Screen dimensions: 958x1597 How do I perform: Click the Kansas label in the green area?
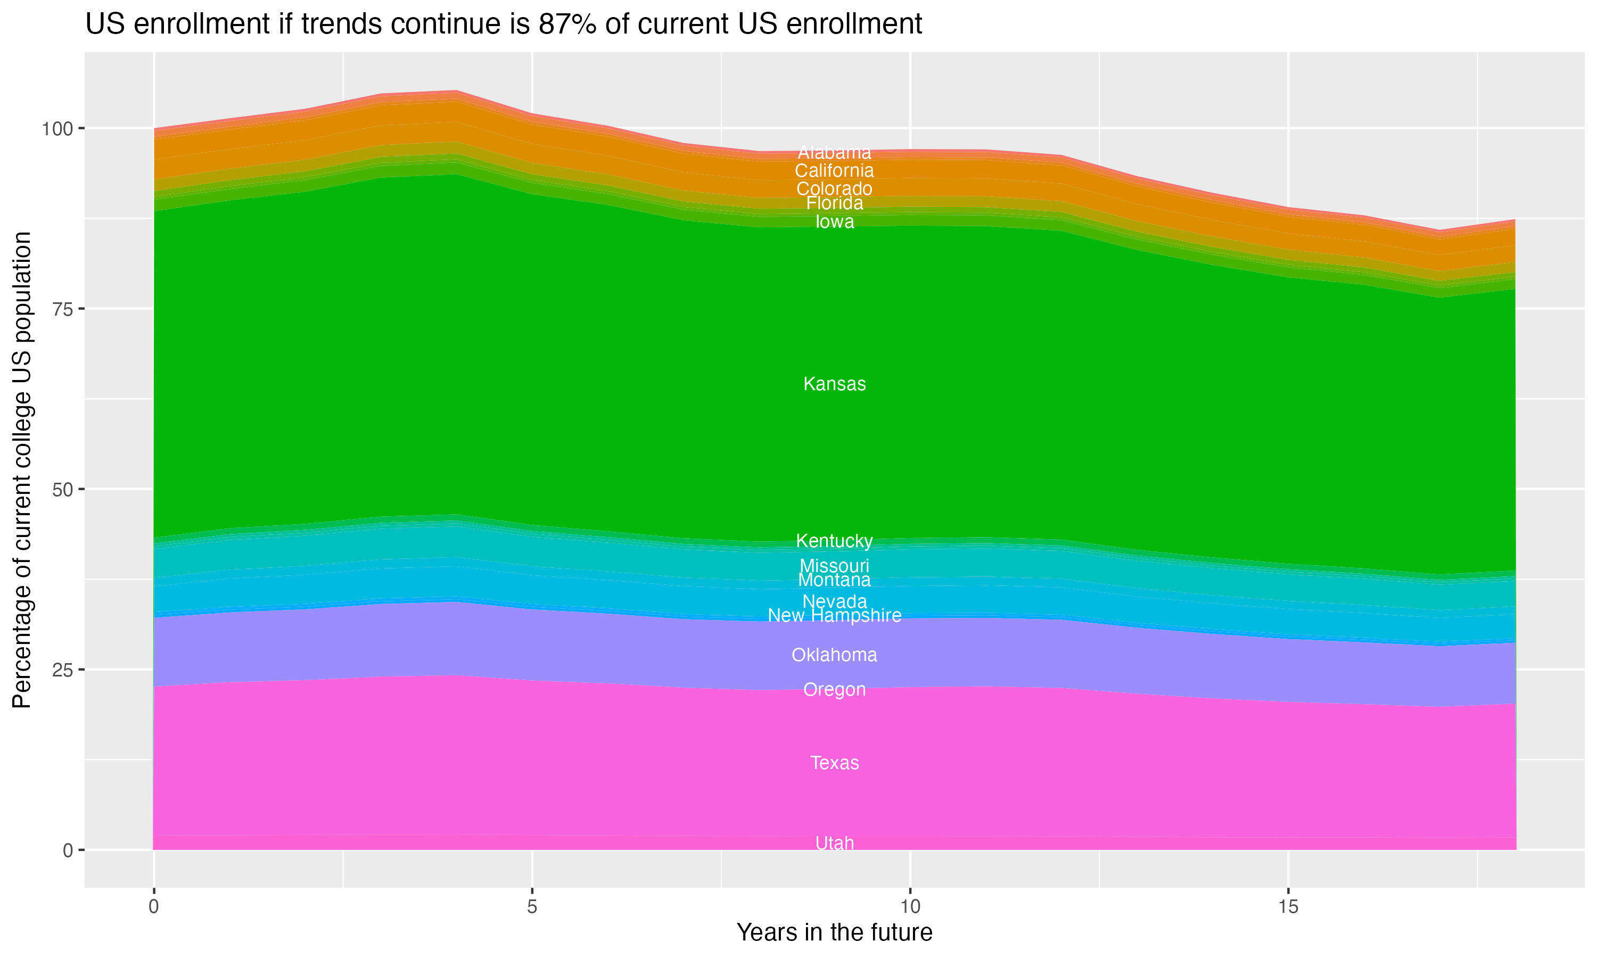click(x=834, y=384)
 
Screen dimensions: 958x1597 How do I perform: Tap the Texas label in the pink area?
click(x=834, y=763)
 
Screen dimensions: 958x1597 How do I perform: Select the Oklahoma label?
click(x=834, y=655)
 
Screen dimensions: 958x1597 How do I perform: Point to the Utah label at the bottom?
click(x=834, y=843)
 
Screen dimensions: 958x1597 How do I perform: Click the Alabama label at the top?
click(x=834, y=153)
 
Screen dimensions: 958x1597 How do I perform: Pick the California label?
click(x=834, y=171)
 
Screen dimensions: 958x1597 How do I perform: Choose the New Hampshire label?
click(x=834, y=616)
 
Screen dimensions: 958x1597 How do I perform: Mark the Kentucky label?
click(x=834, y=541)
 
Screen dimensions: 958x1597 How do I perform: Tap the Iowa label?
click(x=834, y=222)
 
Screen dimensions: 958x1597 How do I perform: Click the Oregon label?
click(x=834, y=689)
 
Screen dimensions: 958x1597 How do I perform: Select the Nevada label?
click(x=834, y=601)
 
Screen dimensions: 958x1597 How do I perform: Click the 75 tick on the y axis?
click(x=61, y=309)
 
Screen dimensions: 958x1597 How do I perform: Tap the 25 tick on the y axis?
click(x=61, y=670)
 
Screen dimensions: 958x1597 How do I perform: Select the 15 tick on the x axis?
click(x=1288, y=907)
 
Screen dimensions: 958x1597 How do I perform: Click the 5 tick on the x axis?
click(x=532, y=907)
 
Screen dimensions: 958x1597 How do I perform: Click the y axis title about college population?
click(x=22, y=470)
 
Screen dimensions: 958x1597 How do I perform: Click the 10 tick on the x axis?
click(x=910, y=907)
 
